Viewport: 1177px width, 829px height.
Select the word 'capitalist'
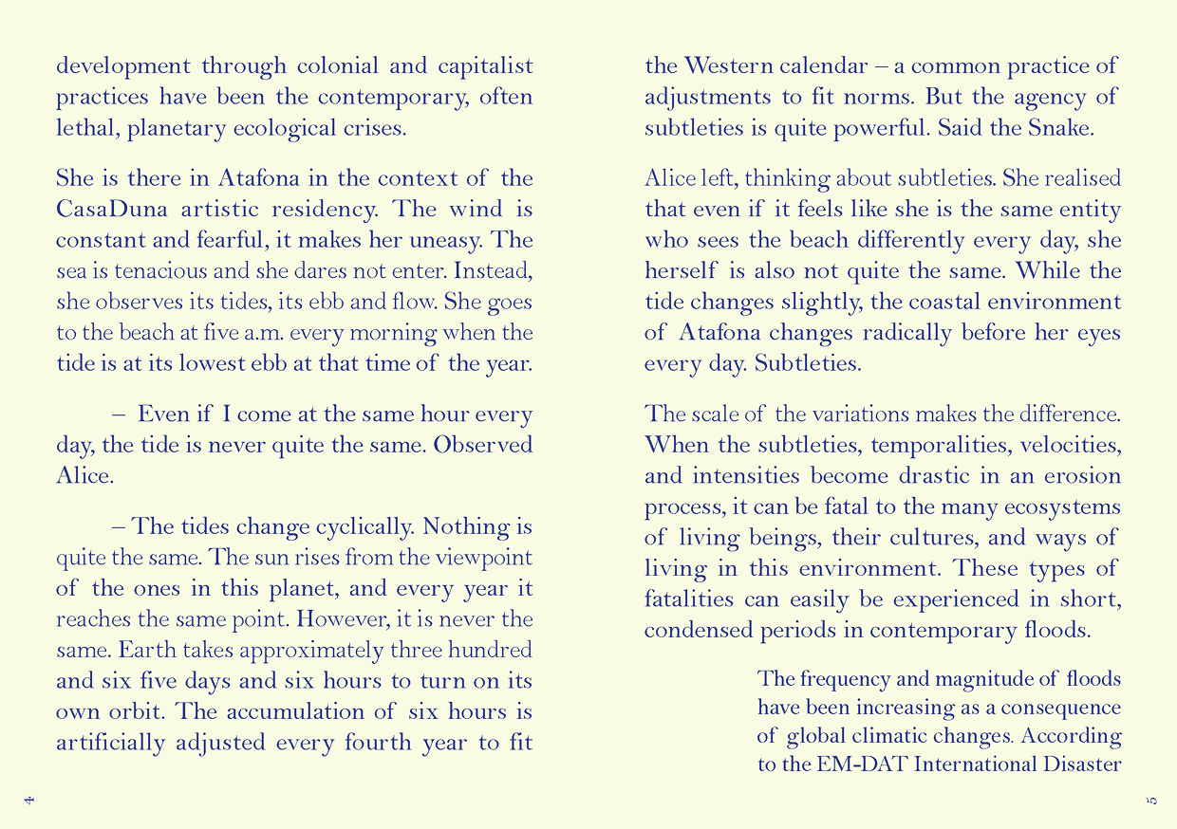(485, 66)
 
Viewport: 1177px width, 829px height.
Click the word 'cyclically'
(347, 526)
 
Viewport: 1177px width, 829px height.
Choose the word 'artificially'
(110, 743)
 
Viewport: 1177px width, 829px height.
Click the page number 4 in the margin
(28, 801)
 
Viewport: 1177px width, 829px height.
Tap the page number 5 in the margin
(1152, 801)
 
